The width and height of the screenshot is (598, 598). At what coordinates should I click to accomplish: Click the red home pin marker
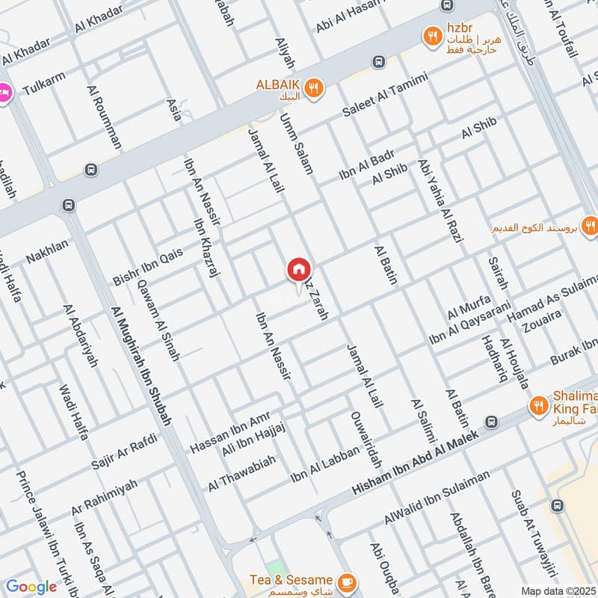coord(299,270)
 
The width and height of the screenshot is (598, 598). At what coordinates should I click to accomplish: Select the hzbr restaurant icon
coord(432,34)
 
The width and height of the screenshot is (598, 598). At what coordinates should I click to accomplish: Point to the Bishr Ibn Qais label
coord(148,267)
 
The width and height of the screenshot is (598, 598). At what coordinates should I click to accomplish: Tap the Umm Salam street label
coord(296,144)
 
